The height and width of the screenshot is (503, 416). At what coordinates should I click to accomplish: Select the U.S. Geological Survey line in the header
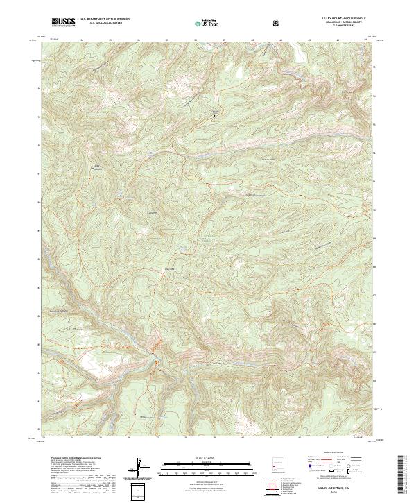pos(100,24)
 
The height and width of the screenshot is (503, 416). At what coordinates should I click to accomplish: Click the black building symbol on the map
pos(215,115)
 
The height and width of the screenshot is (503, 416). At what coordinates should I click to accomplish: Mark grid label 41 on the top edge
pos(280,40)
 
